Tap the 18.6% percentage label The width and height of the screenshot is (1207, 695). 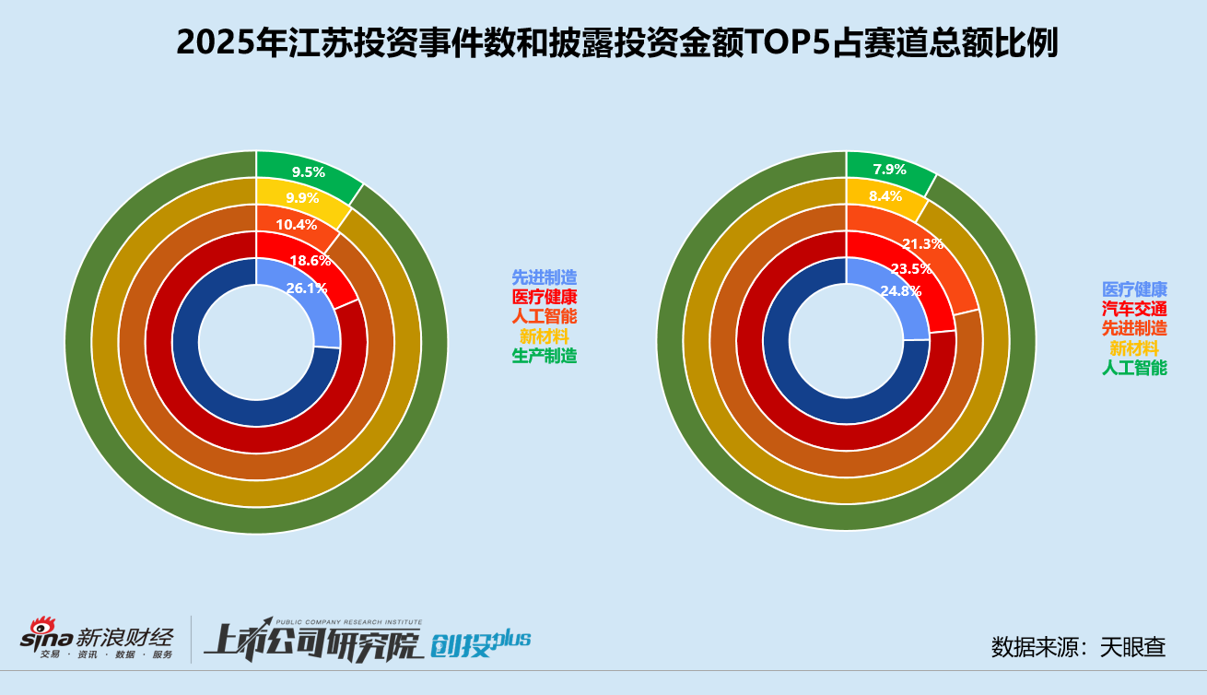(311, 261)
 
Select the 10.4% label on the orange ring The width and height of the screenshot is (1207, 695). (296, 225)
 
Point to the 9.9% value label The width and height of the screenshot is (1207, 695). (302, 198)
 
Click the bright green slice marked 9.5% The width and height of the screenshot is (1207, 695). (309, 171)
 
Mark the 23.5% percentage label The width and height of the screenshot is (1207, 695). (910, 269)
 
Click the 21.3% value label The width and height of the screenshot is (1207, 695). (922, 244)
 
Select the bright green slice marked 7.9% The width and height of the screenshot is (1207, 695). (889, 170)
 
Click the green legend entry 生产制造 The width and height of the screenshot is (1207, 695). (545, 356)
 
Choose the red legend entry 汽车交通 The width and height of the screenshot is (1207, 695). (1134, 309)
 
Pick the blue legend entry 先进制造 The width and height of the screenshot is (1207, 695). (545, 277)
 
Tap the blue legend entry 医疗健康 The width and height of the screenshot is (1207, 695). (1134, 289)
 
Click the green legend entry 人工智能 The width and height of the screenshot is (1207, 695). (1134, 368)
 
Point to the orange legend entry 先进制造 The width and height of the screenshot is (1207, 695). (1134, 328)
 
